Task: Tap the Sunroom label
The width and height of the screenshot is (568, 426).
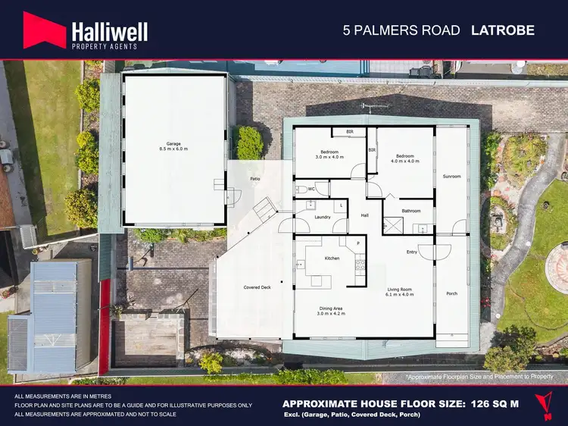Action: (x=451, y=177)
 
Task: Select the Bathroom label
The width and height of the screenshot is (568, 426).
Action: (x=411, y=211)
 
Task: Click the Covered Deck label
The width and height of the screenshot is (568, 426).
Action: (x=257, y=287)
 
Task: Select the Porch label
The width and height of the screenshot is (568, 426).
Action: (x=451, y=293)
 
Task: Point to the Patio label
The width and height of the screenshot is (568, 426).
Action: (x=255, y=179)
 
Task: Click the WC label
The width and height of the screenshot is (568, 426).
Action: (x=311, y=190)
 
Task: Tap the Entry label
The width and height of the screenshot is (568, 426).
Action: (x=412, y=252)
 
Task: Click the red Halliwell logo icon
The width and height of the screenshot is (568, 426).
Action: (x=45, y=30)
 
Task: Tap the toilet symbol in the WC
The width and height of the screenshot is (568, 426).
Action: (x=301, y=189)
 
